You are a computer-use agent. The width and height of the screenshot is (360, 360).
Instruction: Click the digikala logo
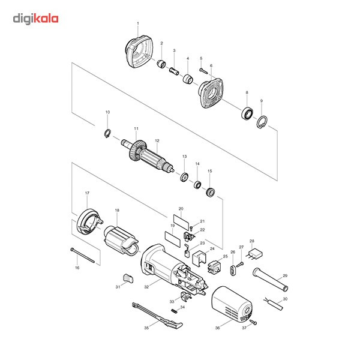tap(36, 19)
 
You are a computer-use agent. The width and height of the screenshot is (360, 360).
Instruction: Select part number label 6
tap(211, 65)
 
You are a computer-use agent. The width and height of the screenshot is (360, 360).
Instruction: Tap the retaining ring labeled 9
tap(262, 122)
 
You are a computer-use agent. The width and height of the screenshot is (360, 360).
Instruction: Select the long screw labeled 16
tap(83, 254)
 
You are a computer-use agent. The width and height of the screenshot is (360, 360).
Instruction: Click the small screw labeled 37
tap(253, 322)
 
